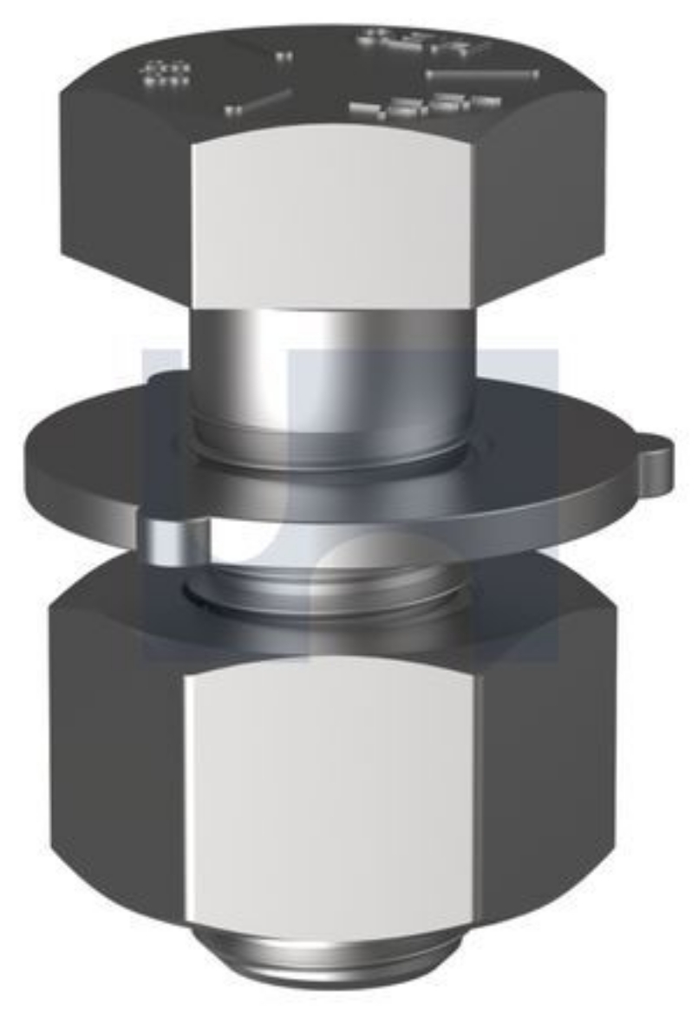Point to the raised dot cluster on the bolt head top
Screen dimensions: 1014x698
[x=165, y=74]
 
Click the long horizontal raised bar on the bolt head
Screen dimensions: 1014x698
[x=482, y=75]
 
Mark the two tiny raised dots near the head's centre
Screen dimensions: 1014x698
[x=284, y=58]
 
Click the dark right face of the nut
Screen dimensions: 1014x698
[x=546, y=763]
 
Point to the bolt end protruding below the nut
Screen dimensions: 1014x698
[x=334, y=962]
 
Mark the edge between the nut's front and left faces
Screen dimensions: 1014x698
[x=185, y=780]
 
